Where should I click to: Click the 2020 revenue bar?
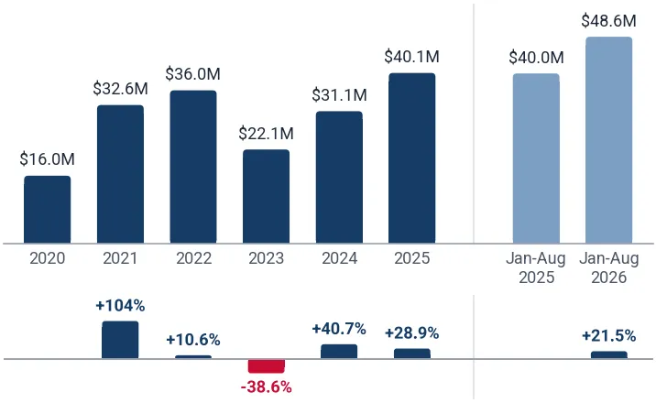(48, 210)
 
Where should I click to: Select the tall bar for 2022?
(193, 167)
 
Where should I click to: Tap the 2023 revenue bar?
(266, 197)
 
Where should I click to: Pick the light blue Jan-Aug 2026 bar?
(608, 140)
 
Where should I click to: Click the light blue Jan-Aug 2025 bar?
(536, 158)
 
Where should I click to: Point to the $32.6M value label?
(121, 89)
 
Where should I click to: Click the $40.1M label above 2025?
(412, 57)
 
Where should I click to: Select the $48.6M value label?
(608, 20)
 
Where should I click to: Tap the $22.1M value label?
(266, 134)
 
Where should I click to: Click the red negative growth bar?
(266, 365)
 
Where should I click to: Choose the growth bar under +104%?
(120, 340)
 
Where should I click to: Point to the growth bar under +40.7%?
(339, 352)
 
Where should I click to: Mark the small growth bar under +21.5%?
(608, 355)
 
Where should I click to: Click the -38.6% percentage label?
(266, 387)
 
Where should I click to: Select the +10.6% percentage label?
(193, 340)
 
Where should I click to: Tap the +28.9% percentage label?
(412, 333)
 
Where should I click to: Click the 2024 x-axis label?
(339, 258)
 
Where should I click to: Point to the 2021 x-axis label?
(120, 258)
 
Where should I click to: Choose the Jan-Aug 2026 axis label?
(608, 267)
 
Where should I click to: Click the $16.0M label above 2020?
(48, 159)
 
